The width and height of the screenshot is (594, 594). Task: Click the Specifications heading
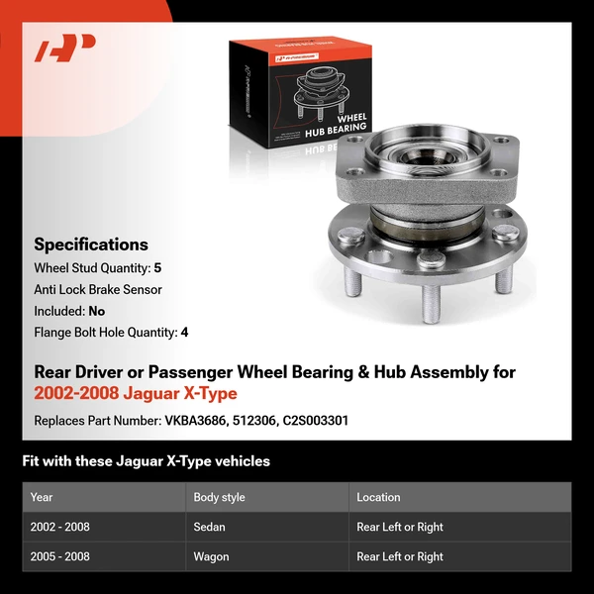point(91,245)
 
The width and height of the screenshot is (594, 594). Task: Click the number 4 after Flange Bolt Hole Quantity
point(184,333)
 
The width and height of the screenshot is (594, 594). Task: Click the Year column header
point(42,497)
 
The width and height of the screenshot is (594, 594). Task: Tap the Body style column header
point(219,497)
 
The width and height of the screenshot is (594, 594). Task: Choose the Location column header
point(378,497)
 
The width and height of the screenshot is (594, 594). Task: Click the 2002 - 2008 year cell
point(59,527)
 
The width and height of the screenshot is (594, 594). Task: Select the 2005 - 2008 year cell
point(59,556)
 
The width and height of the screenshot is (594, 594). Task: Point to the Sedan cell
point(210,527)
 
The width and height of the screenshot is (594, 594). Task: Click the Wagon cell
point(212,556)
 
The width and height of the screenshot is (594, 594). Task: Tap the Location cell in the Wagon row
point(400,556)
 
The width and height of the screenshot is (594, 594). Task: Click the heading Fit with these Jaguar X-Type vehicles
point(147,461)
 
